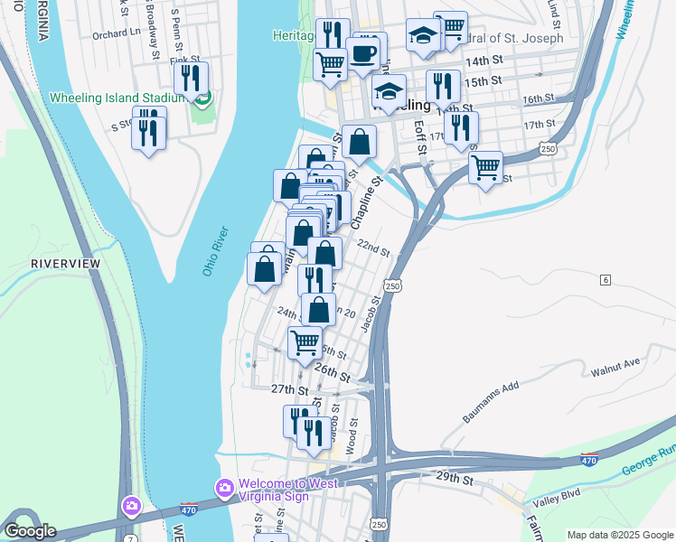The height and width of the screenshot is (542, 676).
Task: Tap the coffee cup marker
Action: click(x=362, y=53)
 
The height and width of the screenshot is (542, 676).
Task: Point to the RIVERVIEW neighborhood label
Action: click(x=65, y=263)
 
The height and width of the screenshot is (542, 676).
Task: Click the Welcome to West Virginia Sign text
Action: click(x=288, y=489)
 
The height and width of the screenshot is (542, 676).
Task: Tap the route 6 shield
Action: click(x=605, y=280)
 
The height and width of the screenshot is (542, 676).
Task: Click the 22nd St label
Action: click(x=372, y=248)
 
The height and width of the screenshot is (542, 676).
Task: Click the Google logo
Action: click(x=29, y=531)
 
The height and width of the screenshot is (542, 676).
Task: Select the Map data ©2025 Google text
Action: click(x=620, y=535)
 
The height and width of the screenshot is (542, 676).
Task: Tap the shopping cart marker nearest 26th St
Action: click(x=305, y=342)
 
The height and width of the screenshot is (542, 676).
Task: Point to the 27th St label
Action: click(x=289, y=389)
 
